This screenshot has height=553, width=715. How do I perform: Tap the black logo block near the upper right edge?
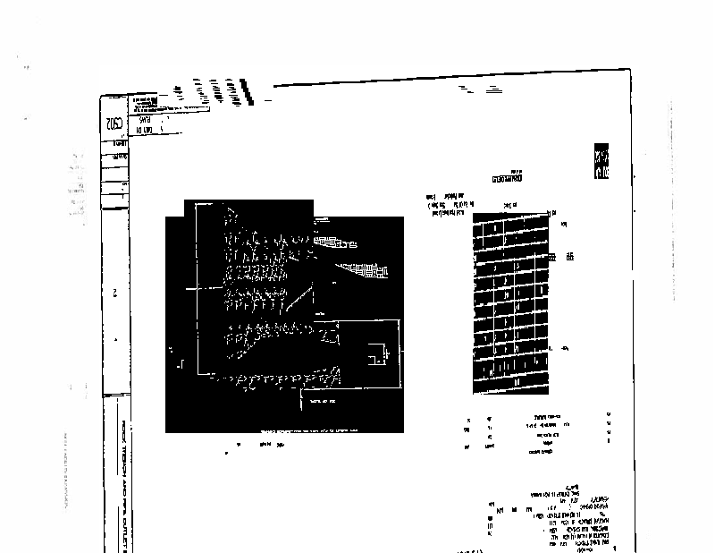click(x=601, y=161)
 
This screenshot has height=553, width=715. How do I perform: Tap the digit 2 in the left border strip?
click(x=115, y=293)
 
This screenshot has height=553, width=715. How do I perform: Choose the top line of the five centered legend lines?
click(x=542, y=417)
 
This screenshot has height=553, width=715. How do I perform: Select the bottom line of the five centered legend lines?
click(x=540, y=453)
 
